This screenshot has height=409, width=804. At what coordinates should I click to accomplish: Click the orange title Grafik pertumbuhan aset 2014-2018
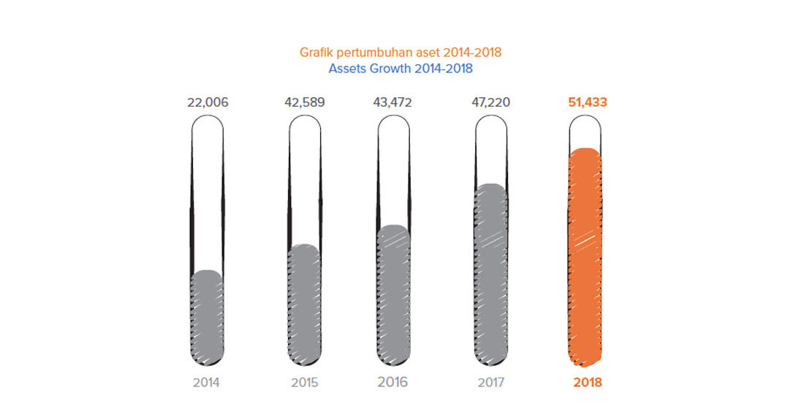point(401,53)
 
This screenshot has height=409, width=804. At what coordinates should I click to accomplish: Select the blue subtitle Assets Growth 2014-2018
point(401,69)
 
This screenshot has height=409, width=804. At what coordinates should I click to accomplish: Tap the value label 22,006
point(208,102)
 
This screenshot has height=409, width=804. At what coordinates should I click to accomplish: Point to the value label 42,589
point(304,102)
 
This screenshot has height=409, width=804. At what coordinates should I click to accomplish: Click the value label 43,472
point(392,102)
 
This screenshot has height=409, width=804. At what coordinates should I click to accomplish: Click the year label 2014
point(207,383)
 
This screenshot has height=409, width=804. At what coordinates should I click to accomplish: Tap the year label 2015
point(304,383)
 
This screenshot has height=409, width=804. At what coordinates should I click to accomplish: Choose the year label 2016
point(392,383)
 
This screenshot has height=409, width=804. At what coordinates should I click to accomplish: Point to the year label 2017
point(490,383)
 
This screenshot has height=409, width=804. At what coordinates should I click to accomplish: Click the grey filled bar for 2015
point(305,307)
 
